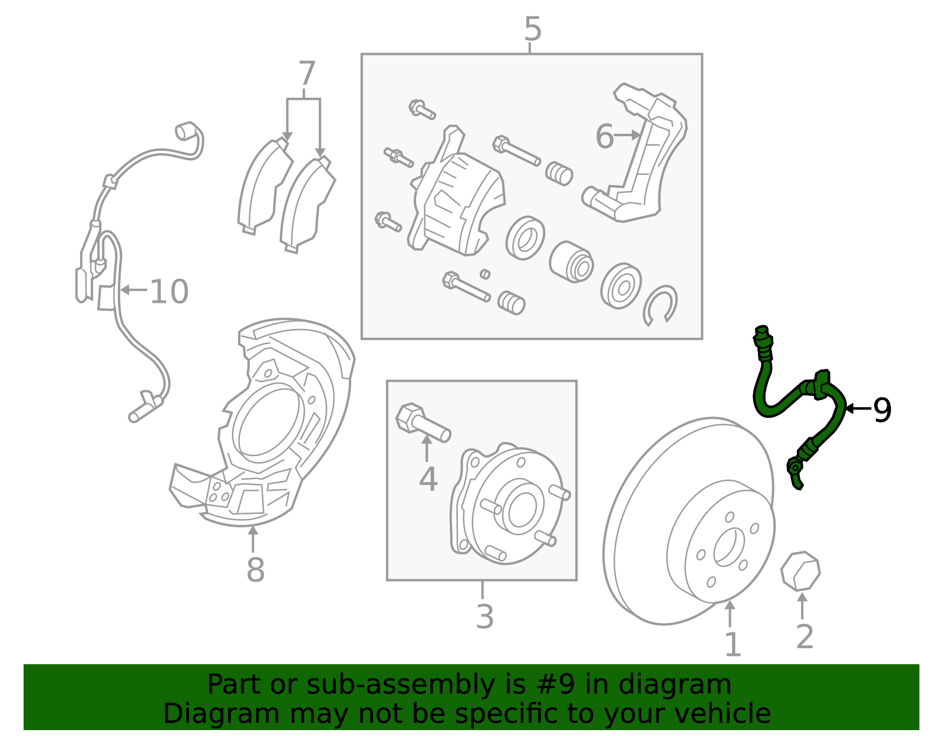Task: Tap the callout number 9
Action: [882, 410]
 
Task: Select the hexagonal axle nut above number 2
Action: [800, 571]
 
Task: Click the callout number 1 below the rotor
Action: [732, 645]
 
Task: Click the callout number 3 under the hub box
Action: [484, 617]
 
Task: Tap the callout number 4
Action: [428, 479]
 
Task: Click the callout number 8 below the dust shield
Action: [255, 570]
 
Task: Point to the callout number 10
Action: [169, 292]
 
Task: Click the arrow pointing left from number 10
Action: [133, 289]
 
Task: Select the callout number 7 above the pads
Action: [306, 75]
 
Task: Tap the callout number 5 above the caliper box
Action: [532, 29]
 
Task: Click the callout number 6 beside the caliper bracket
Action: [604, 137]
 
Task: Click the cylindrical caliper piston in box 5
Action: [571, 262]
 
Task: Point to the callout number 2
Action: [804, 637]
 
